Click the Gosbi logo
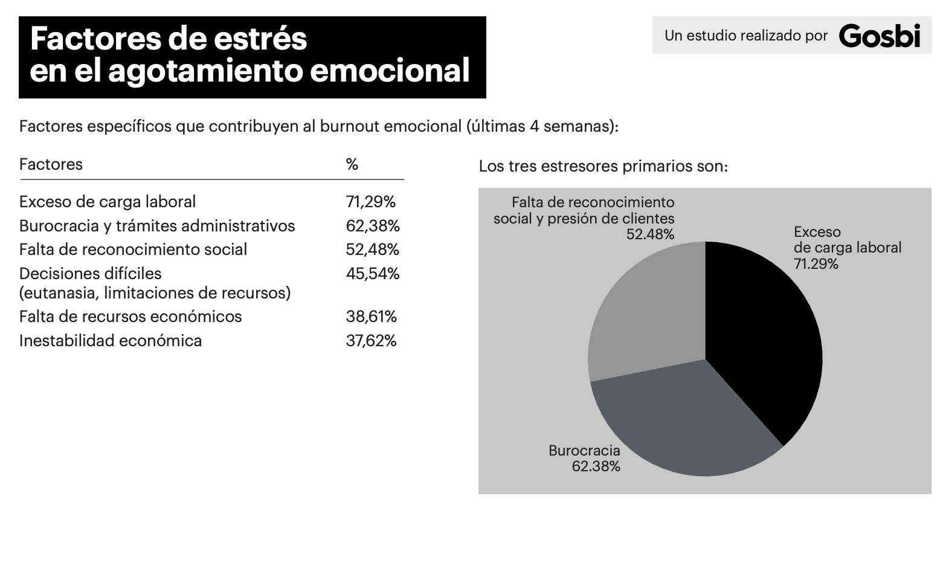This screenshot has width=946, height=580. [880, 36]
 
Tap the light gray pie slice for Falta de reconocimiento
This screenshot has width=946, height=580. [646, 314]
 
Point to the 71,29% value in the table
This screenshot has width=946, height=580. [371, 202]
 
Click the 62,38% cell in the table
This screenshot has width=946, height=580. [373, 226]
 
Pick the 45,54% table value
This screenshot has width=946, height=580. [373, 274]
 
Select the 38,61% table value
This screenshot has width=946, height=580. [371, 317]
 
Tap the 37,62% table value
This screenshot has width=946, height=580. [371, 341]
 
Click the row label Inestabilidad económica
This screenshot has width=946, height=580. [111, 341]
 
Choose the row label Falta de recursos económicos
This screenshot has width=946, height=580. [130, 317]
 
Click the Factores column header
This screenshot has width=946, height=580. [51, 164]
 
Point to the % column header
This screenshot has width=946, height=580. [352, 164]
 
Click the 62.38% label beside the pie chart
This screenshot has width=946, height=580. [596, 466]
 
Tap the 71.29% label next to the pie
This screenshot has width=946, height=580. [816, 263]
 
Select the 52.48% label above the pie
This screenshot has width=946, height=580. [650, 234]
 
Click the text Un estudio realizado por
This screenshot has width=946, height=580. [746, 36]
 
